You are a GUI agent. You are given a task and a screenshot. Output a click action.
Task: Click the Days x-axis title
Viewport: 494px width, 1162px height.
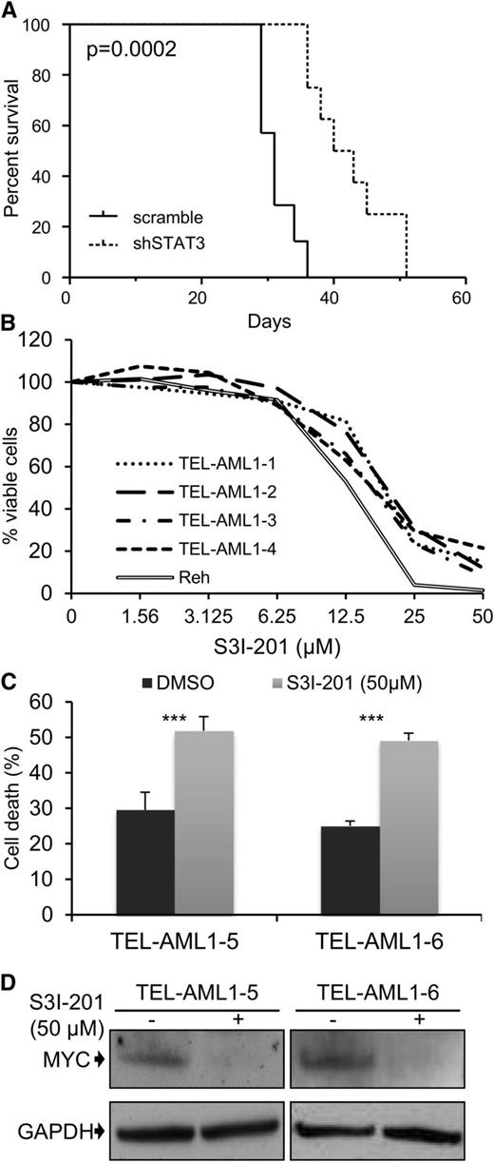tap(264, 321)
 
